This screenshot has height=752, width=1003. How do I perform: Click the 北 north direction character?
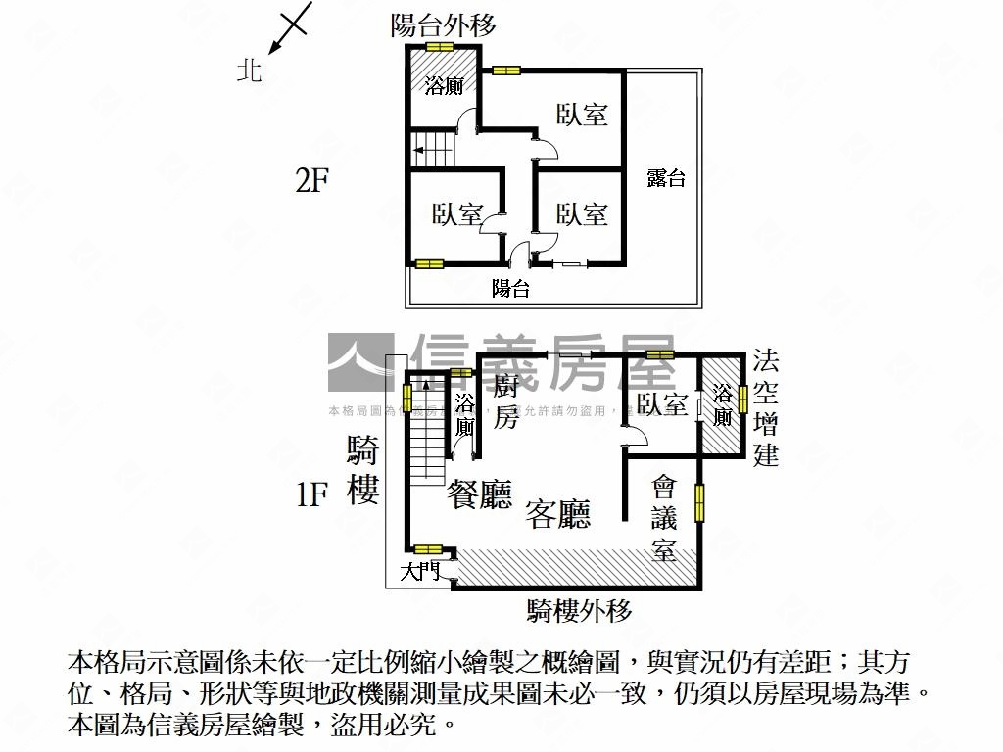pos(250,70)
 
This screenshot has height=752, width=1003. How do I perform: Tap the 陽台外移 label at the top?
pos(443,25)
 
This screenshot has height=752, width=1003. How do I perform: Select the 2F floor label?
pos(311,181)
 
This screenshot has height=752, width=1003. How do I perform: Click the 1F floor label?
pos(311,494)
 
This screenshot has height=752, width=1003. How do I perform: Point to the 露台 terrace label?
pos(666,178)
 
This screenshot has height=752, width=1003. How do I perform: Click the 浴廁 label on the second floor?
pos(444,86)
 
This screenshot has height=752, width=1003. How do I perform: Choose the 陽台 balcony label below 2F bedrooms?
pos(510,288)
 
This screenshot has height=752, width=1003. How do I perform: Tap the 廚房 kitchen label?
pos(506,399)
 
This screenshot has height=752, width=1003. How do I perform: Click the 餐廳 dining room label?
pos(479,495)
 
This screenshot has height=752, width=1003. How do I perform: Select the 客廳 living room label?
pos(558,513)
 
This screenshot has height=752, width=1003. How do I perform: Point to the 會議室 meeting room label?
pos(665,518)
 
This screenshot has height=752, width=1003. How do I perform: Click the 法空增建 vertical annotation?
pos(766,408)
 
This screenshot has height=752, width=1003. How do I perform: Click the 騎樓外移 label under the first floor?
pos(579,611)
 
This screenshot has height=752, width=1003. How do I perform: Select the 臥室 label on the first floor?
pos(661,403)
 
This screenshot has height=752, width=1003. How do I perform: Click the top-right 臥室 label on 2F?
pos(582,115)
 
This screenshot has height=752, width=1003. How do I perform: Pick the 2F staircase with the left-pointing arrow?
pos(433,150)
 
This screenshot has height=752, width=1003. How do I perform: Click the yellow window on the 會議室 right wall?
pos(700,501)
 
